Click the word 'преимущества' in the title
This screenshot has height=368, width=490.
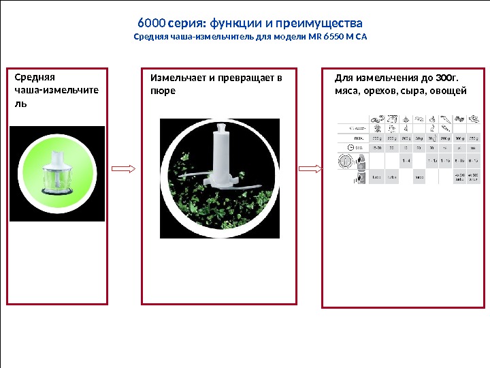[x=316, y=22]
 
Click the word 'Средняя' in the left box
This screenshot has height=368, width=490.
[x=34, y=77]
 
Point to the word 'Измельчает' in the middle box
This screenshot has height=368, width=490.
[x=178, y=77]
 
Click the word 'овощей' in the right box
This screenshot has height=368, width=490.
[x=449, y=89]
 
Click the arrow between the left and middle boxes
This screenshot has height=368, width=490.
[x=124, y=169]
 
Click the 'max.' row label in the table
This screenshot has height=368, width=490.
[x=353, y=136]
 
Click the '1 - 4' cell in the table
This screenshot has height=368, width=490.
[x=406, y=160]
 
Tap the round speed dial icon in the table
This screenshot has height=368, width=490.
[x=345, y=161]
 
